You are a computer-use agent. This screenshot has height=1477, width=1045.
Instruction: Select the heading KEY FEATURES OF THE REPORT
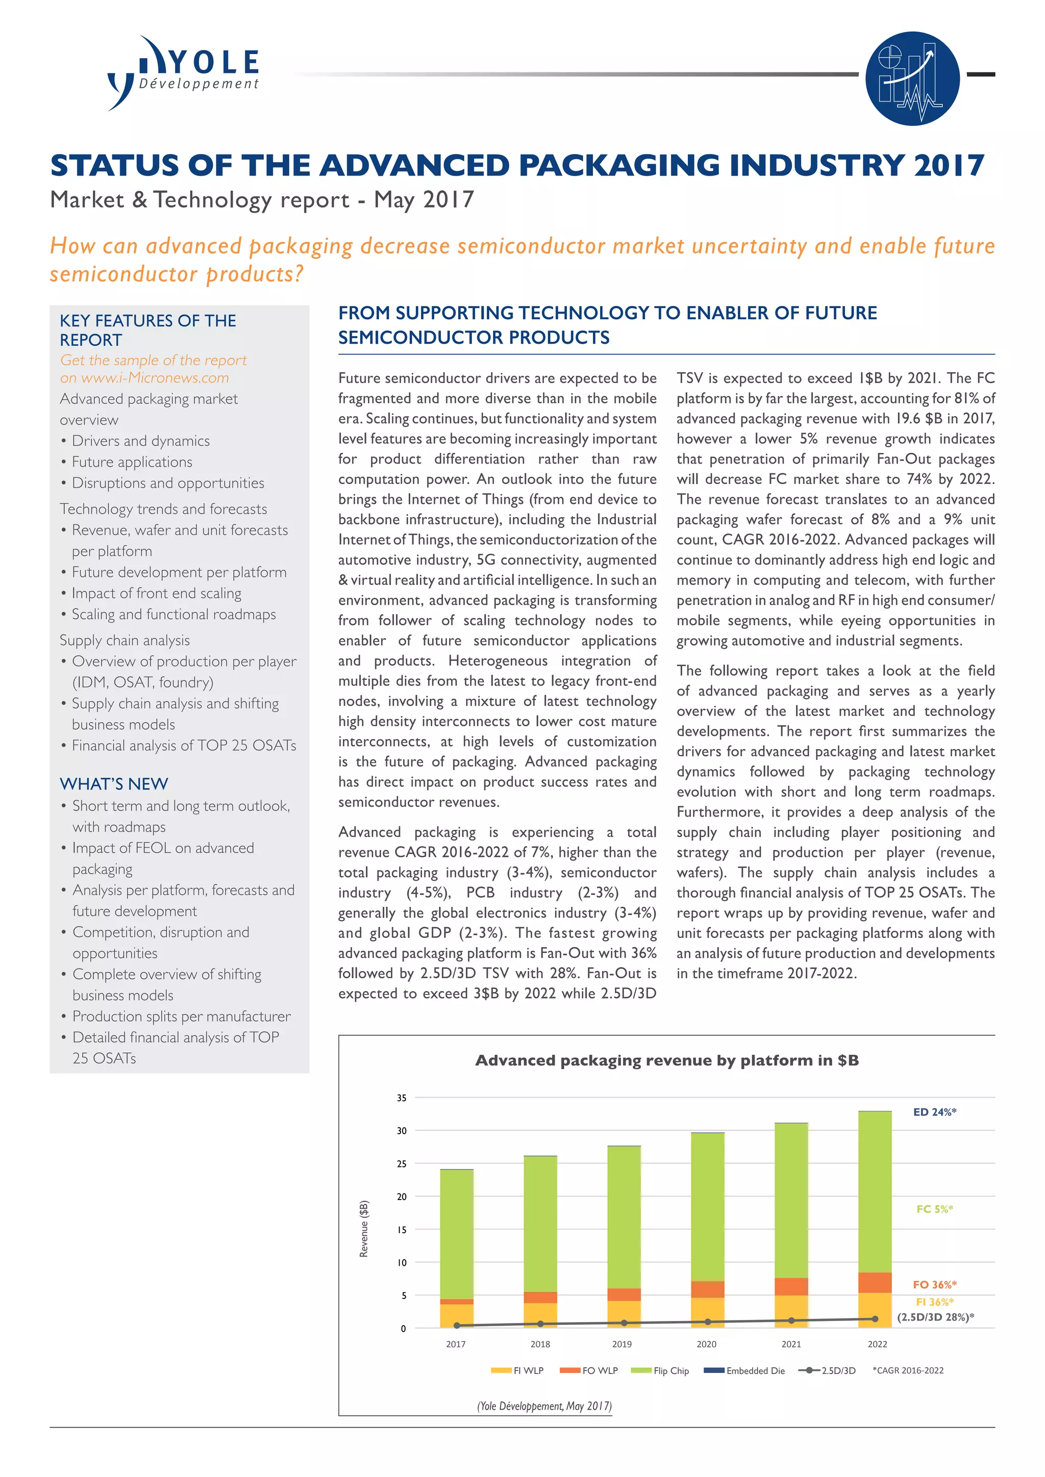click(x=147, y=330)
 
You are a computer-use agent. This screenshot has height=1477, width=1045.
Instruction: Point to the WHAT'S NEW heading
click(x=114, y=783)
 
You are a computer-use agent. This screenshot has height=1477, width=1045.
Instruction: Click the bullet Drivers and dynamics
click(x=140, y=441)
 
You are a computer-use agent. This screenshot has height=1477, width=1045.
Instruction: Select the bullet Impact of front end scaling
click(x=156, y=593)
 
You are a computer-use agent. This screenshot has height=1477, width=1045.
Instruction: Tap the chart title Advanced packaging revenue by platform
click(x=666, y=1060)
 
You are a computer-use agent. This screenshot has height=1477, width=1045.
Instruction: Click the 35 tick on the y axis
click(x=402, y=1098)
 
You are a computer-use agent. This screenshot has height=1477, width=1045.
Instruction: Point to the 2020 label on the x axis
click(x=707, y=1344)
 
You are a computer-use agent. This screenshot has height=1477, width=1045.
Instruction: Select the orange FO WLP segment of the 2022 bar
click(x=875, y=1283)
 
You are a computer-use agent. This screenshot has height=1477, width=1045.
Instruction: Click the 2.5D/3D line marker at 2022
click(x=875, y=1319)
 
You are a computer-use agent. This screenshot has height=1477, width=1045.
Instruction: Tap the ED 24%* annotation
click(x=934, y=1112)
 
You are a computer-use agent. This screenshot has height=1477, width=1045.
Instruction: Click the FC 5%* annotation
click(x=934, y=1209)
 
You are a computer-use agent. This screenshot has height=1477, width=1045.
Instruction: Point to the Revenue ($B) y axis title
click(x=364, y=1228)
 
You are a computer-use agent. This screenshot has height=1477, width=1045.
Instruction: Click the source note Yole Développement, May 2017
click(x=544, y=1406)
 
